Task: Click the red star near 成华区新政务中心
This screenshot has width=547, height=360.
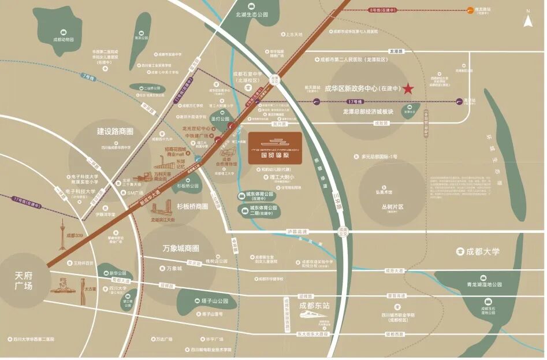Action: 408,88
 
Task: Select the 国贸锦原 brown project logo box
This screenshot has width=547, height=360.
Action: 276,148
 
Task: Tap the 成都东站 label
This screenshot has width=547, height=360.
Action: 313,306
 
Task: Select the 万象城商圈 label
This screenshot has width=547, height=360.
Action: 181,248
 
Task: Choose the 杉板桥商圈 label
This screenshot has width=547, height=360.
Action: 192,206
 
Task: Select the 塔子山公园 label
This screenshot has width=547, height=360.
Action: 211,301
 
